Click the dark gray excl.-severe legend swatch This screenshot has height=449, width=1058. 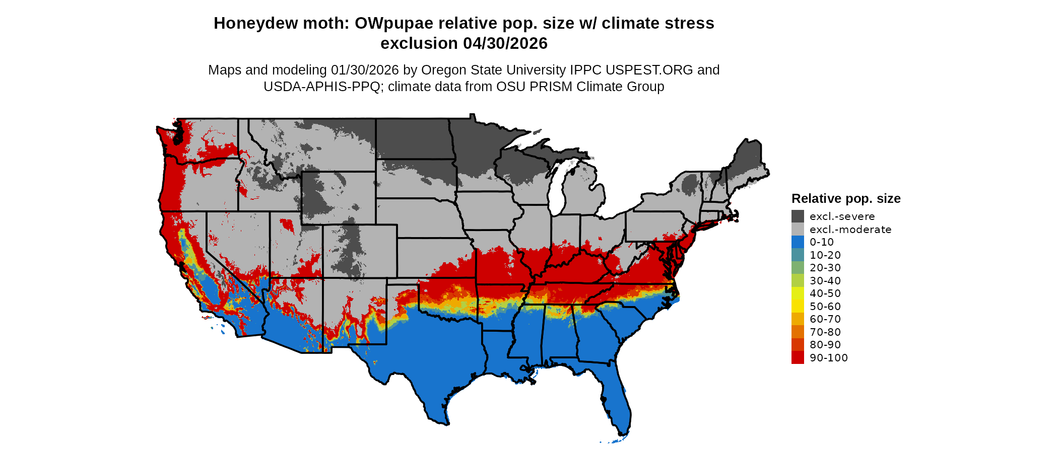(798, 216)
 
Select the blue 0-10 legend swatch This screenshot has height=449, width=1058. (798, 242)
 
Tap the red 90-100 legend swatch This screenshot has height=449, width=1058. (798, 358)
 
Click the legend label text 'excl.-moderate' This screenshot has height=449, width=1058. (850, 230)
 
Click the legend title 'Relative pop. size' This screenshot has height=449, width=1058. (846, 198)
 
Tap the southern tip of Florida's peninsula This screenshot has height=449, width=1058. (623, 433)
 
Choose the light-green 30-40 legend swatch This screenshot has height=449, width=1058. (798, 281)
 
